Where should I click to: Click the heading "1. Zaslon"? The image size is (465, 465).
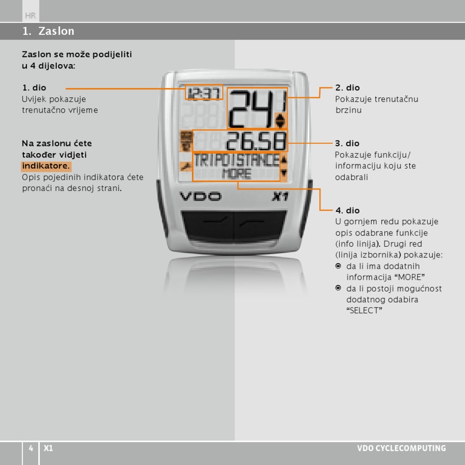pyautogui.click(x=48, y=31)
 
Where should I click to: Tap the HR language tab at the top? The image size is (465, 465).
pyautogui.click(x=30, y=16)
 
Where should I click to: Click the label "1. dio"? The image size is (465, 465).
pyautogui.click(x=34, y=88)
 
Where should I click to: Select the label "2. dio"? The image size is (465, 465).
pyautogui.click(x=348, y=88)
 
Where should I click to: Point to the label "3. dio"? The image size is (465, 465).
pyautogui.click(x=348, y=143)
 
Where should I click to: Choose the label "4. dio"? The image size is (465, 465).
pyautogui.click(x=348, y=210)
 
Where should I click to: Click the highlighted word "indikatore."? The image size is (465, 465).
pyautogui.click(x=46, y=166)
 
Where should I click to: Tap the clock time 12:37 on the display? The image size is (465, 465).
pyautogui.click(x=204, y=92)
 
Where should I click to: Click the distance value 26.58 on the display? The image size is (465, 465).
pyautogui.click(x=256, y=141)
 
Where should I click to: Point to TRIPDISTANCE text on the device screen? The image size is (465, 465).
pyautogui.click(x=236, y=160)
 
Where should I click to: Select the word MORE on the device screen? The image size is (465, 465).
pyautogui.click(x=236, y=174)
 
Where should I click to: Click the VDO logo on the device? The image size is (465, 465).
pyautogui.click(x=200, y=197)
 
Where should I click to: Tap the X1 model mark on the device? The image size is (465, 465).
pyautogui.click(x=280, y=197)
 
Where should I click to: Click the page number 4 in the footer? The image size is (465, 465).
pyautogui.click(x=30, y=448)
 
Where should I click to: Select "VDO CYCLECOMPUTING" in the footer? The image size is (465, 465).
pyautogui.click(x=401, y=448)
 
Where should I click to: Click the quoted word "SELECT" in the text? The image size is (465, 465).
pyautogui.click(x=364, y=311)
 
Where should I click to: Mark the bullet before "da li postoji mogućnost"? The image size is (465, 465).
pyautogui.click(x=338, y=288)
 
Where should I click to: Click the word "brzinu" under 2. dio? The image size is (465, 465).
pyautogui.click(x=348, y=110)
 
